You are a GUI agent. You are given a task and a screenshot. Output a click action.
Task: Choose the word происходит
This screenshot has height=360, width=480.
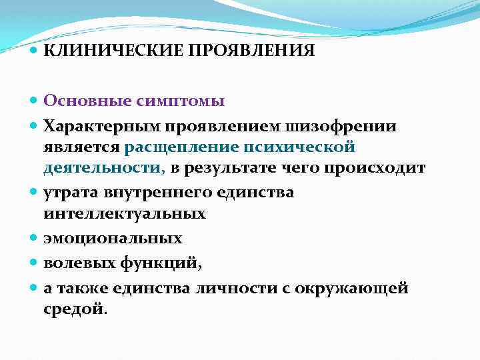[374, 168]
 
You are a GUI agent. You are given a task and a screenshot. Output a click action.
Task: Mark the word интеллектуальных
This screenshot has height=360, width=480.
[125, 213]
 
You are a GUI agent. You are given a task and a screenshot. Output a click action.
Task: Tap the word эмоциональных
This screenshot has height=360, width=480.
[113, 238]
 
